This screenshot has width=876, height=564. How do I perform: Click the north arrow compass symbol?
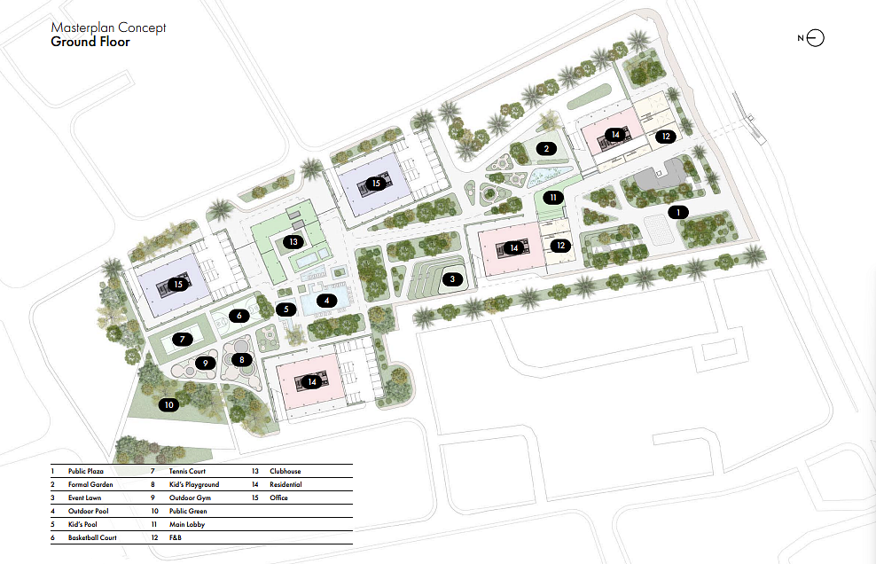pyautogui.click(x=815, y=38)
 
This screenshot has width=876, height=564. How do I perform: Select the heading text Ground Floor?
pyautogui.click(x=90, y=42)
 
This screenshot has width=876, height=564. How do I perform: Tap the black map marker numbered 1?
pyautogui.click(x=678, y=213)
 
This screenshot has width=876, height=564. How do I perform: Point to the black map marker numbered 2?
pyautogui.click(x=546, y=149)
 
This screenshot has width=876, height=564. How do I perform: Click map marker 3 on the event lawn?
pyautogui.click(x=452, y=279)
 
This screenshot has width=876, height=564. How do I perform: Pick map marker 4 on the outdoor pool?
pyautogui.click(x=327, y=301)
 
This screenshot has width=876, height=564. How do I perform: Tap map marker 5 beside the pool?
pyautogui.click(x=286, y=309)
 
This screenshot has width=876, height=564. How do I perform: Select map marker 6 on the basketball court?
pyautogui.click(x=239, y=316)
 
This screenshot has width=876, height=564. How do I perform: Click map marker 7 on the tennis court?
pyautogui.click(x=182, y=339)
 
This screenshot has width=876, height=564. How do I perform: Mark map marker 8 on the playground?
pyautogui.click(x=242, y=359)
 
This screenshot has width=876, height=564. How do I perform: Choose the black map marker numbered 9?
pyautogui.click(x=206, y=364)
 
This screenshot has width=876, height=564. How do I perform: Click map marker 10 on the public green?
pyautogui.click(x=168, y=404)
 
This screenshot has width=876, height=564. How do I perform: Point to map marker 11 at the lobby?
pyautogui.click(x=553, y=198)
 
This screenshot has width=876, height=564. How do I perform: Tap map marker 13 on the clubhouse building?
pyautogui.click(x=293, y=242)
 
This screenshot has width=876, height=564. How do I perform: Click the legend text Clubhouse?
pyautogui.click(x=285, y=471)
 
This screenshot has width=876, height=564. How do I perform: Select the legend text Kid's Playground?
pyautogui.click(x=194, y=484)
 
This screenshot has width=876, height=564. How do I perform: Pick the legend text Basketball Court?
pyautogui.click(x=92, y=537)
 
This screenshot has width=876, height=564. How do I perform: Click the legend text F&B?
pyautogui.click(x=175, y=537)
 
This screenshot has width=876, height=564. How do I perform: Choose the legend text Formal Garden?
pyautogui.click(x=90, y=484)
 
